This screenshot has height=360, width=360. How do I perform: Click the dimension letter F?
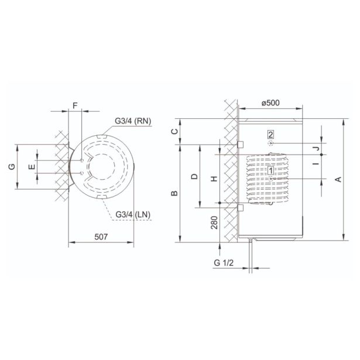[x=75, y=105]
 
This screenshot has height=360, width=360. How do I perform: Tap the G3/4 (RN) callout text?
[x=133, y=121]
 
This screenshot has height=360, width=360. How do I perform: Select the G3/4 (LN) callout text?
[x=133, y=214]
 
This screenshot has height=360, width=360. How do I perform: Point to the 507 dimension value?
[x=101, y=236]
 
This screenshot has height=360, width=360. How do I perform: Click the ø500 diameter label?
[x=270, y=102]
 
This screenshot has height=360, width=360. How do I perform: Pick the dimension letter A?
[x=338, y=179]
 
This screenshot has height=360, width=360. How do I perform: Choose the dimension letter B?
[x=174, y=193]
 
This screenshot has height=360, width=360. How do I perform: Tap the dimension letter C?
[x=174, y=131]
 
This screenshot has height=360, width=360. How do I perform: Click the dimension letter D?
[x=194, y=176]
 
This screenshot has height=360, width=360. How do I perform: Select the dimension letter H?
[x=214, y=179]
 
